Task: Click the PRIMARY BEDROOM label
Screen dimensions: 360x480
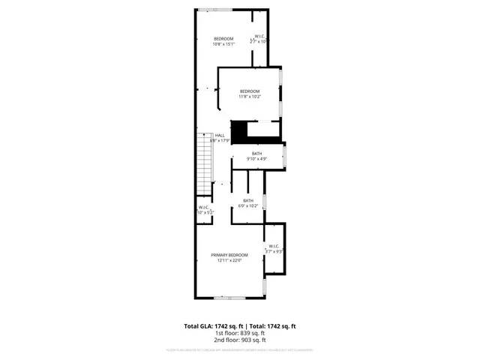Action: (229, 255)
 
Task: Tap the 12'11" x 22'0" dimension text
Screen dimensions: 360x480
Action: (229, 261)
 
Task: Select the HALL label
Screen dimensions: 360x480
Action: (220, 135)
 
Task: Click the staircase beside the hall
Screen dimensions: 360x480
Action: (204, 167)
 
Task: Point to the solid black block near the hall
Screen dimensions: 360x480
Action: (238, 131)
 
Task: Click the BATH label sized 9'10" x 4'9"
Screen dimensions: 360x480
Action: (257, 154)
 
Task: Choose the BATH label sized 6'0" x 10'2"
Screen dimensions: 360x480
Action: (247, 200)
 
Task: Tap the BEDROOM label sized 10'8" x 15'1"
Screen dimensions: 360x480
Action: (223, 39)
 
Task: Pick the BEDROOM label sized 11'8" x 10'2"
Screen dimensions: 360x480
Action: (250, 91)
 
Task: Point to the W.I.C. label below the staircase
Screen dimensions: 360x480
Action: (204, 208)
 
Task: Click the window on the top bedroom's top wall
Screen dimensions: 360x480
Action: (209, 9)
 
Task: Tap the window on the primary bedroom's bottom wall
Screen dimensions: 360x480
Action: (225, 298)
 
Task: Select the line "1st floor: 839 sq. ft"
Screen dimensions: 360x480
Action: (240, 333)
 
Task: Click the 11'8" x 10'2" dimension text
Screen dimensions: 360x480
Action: (250, 97)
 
